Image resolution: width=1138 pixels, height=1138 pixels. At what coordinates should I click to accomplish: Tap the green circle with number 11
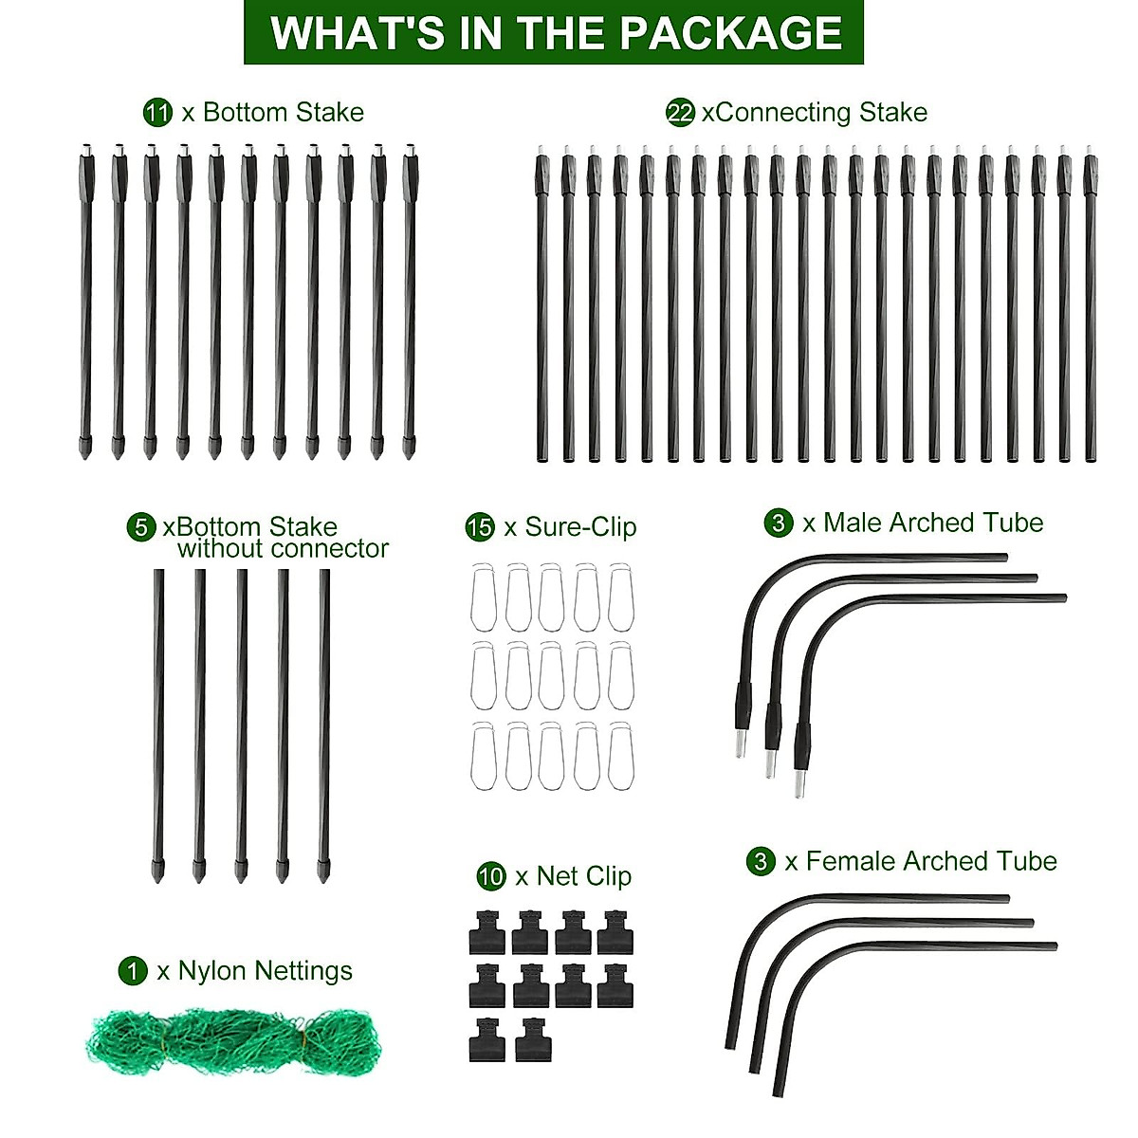click(x=157, y=113)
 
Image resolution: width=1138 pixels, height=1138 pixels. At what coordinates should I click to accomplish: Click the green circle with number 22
click(x=681, y=113)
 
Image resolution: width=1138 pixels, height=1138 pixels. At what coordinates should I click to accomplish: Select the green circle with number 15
click(x=480, y=527)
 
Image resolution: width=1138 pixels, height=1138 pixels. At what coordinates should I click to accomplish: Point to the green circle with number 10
click(x=491, y=876)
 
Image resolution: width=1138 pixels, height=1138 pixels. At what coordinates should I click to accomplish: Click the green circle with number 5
click(x=141, y=527)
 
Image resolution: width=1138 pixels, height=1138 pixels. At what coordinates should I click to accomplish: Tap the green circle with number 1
click(x=133, y=971)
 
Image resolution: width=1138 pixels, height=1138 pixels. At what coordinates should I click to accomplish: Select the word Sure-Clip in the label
click(x=580, y=527)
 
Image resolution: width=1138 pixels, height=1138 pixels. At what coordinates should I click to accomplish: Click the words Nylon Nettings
click(x=266, y=971)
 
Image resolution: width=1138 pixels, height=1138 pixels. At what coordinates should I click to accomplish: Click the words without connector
click(x=283, y=549)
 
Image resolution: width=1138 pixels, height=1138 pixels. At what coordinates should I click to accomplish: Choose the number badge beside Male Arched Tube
click(x=779, y=523)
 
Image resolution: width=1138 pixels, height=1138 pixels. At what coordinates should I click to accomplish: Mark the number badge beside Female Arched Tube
click(x=761, y=861)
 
